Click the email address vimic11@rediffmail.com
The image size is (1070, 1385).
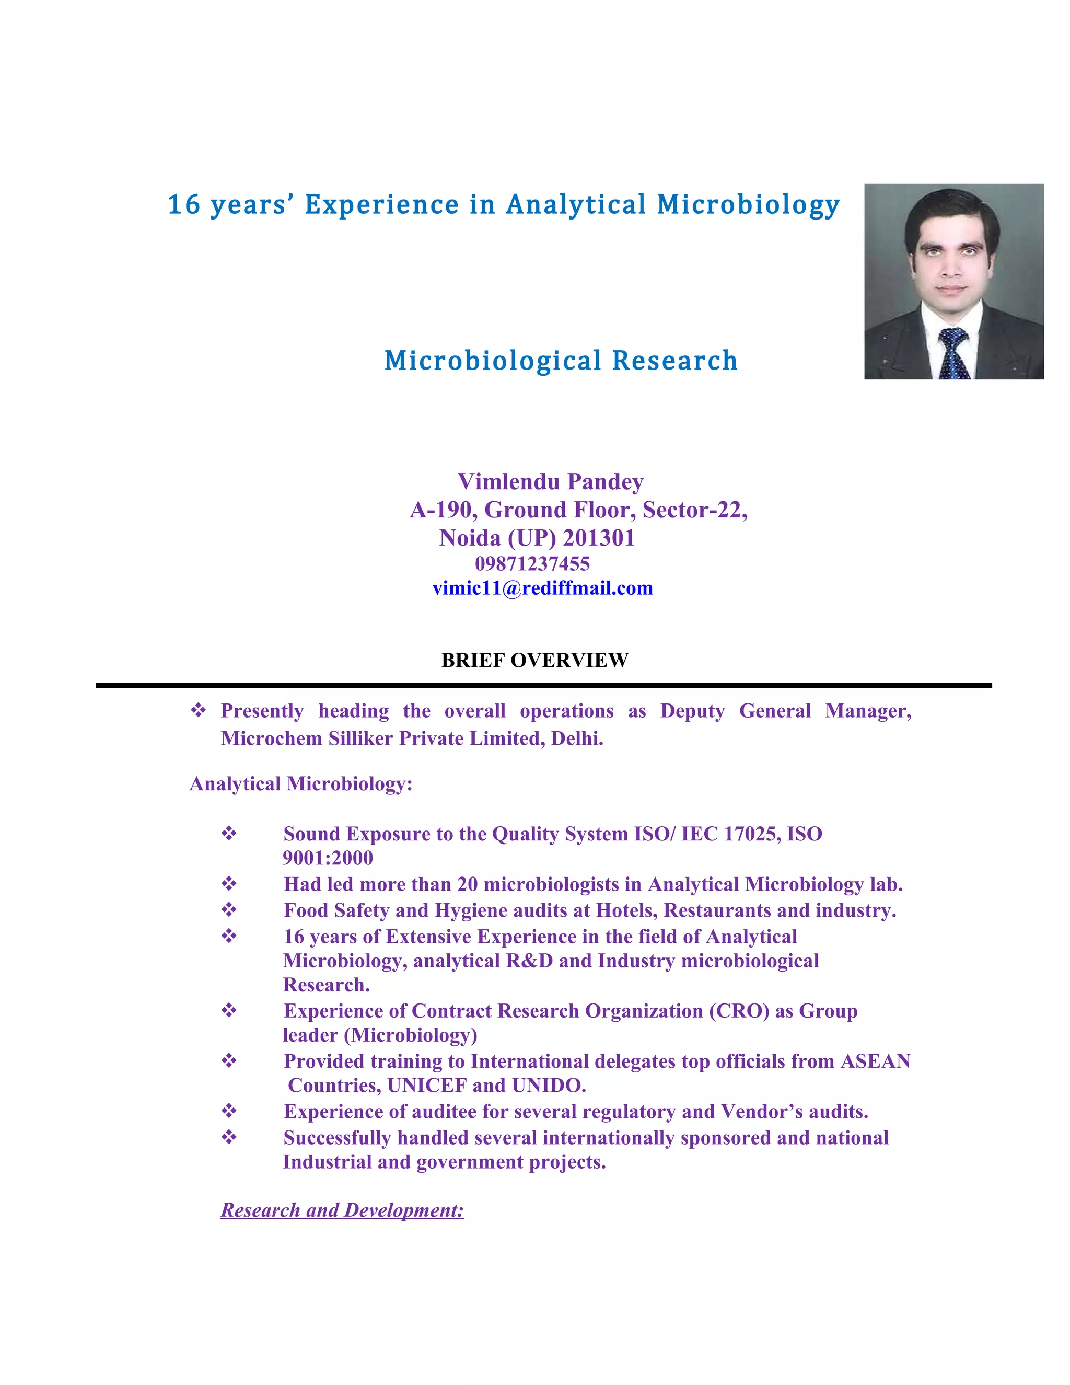pyautogui.click(x=543, y=588)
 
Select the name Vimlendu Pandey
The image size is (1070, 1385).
pyautogui.click(x=550, y=481)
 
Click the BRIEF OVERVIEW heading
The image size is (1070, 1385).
pyautogui.click(x=534, y=660)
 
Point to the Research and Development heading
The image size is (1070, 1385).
pyautogui.click(x=342, y=1210)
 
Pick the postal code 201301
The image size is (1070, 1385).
pyautogui.click(x=598, y=538)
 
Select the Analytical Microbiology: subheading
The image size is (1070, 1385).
pyautogui.click(x=301, y=784)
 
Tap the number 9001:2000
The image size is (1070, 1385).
pyautogui.click(x=328, y=858)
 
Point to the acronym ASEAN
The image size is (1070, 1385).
pyautogui.click(x=876, y=1061)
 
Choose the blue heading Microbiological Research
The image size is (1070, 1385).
pyautogui.click(x=561, y=360)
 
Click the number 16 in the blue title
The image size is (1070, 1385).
pyautogui.click(x=184, y=205)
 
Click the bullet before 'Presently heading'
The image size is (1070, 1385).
pyautogui.click(x=199, y=710)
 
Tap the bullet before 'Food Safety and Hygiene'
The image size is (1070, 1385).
pyautogui.click(x=229, y=910)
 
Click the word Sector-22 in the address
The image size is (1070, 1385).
pyautogui.click(x=695, y=510)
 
